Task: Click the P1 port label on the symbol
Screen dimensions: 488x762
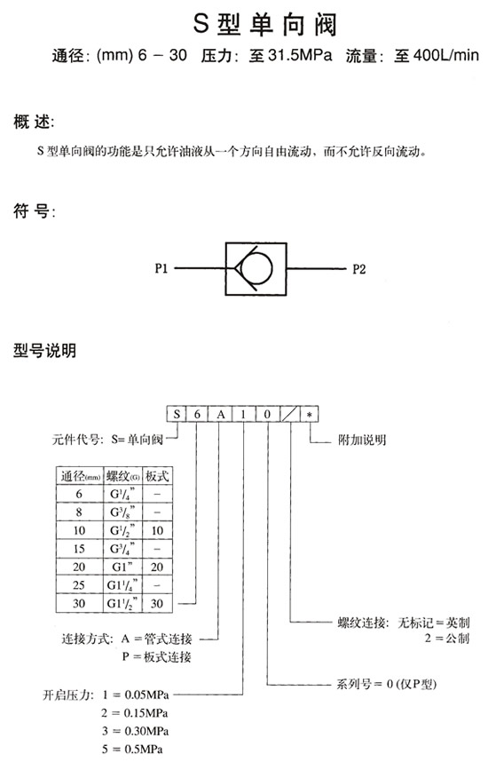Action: pos(161,268)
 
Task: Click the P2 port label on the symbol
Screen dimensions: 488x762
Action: pos(358,269)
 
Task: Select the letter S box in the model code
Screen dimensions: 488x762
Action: pos(177,414)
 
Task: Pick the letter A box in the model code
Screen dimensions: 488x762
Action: pos(221,414)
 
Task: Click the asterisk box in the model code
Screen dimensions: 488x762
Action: pos(309,414)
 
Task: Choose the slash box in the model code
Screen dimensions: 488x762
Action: pos(290,414)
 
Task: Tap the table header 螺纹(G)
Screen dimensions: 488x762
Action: pos(123,476)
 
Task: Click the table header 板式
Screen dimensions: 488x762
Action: pos(157,476)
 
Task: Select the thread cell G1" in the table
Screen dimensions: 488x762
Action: pos(122,568)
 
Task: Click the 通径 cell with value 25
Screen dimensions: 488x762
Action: pos(79,585)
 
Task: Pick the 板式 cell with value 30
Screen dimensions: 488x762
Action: pos(157,604)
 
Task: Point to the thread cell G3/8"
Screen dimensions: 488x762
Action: pos(122,512)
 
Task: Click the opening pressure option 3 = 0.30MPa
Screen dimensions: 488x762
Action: pos(135,731)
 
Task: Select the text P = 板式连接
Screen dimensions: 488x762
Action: pos(156,657)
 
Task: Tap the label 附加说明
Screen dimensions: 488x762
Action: pos(362,440)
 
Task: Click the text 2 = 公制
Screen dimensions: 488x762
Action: pos(447,638)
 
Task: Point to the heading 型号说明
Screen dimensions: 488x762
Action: pos(44,351)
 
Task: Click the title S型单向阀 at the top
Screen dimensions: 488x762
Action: pos(265,24)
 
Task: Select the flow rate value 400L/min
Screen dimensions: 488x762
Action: pos(446,55)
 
